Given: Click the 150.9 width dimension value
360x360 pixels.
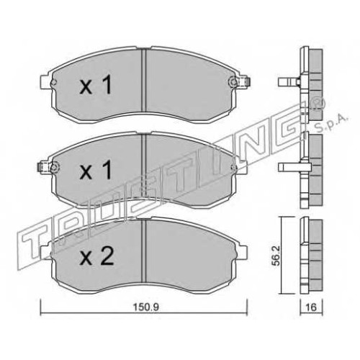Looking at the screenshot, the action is coord(146,307).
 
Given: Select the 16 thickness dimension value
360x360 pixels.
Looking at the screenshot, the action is coord(312,307).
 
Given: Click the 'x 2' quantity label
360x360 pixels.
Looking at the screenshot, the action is coord(96,256).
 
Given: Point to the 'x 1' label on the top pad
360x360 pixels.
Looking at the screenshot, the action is coord(96,84).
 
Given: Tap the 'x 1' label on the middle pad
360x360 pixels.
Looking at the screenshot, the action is coord(96,170).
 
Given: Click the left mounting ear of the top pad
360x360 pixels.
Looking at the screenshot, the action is coord(46,82).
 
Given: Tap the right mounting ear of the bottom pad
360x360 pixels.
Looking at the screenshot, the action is coord(242,252).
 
